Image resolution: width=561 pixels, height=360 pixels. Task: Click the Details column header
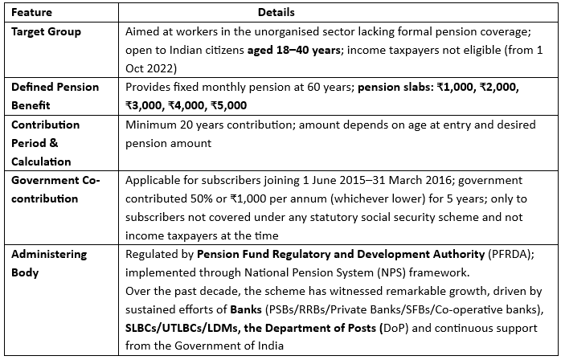276,13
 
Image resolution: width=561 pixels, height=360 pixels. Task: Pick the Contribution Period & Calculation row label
45,143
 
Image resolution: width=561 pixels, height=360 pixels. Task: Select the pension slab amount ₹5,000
230,104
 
